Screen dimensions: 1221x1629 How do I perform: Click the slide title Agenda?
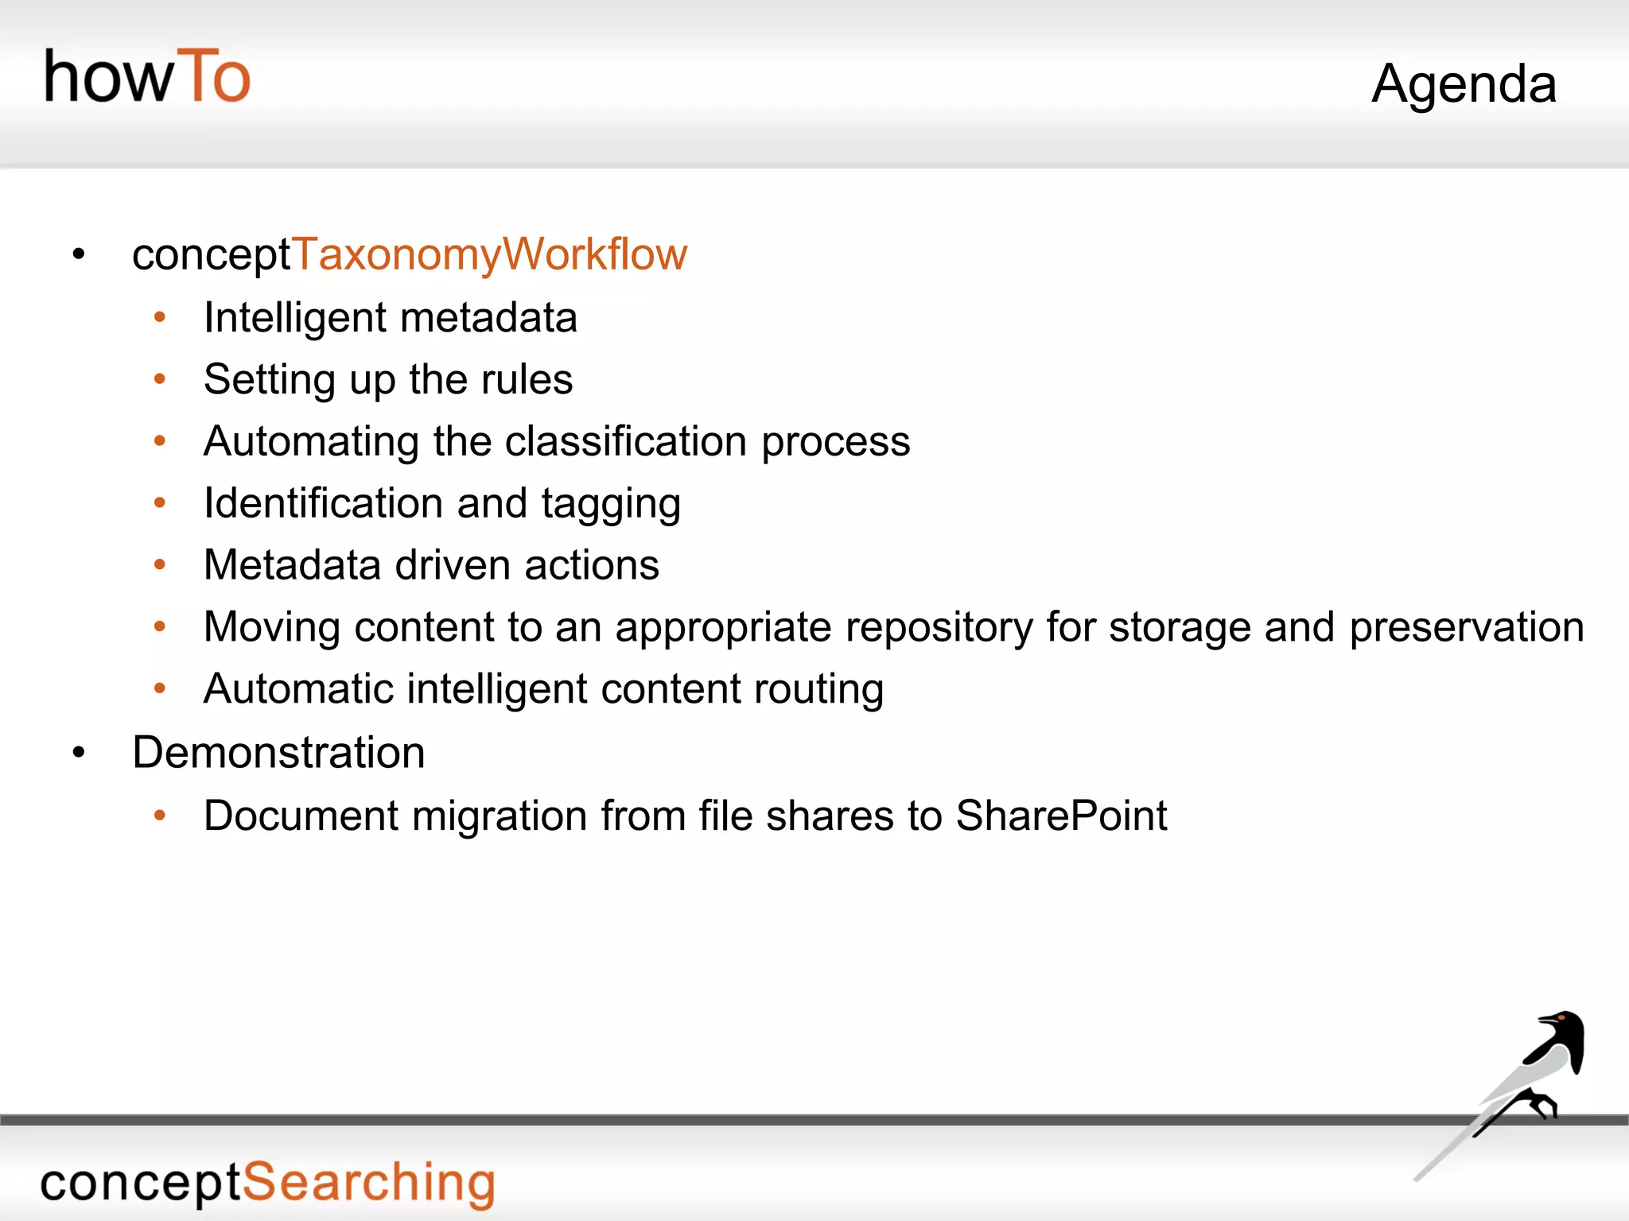coord(1464,84)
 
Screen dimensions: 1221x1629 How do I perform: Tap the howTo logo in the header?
coord(147,77)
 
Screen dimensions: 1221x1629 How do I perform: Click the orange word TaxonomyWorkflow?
coord(490,254)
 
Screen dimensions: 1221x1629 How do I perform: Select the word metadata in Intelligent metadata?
coord(488,318)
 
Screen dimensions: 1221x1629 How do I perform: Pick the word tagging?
coord(611,505)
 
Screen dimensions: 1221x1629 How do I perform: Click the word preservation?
coord(1467,627)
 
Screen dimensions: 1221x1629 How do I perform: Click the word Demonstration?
coord(278,752)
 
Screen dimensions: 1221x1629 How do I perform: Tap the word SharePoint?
coord(1061,816)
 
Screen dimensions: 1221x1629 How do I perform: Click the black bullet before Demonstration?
coord(78,752)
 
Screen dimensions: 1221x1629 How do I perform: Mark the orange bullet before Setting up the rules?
coord(160,379)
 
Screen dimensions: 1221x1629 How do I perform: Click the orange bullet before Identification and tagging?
coord(160,503)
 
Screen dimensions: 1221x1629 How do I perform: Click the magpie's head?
coord(1563,1025)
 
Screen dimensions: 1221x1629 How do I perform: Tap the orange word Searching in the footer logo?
coord(368,1183)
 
